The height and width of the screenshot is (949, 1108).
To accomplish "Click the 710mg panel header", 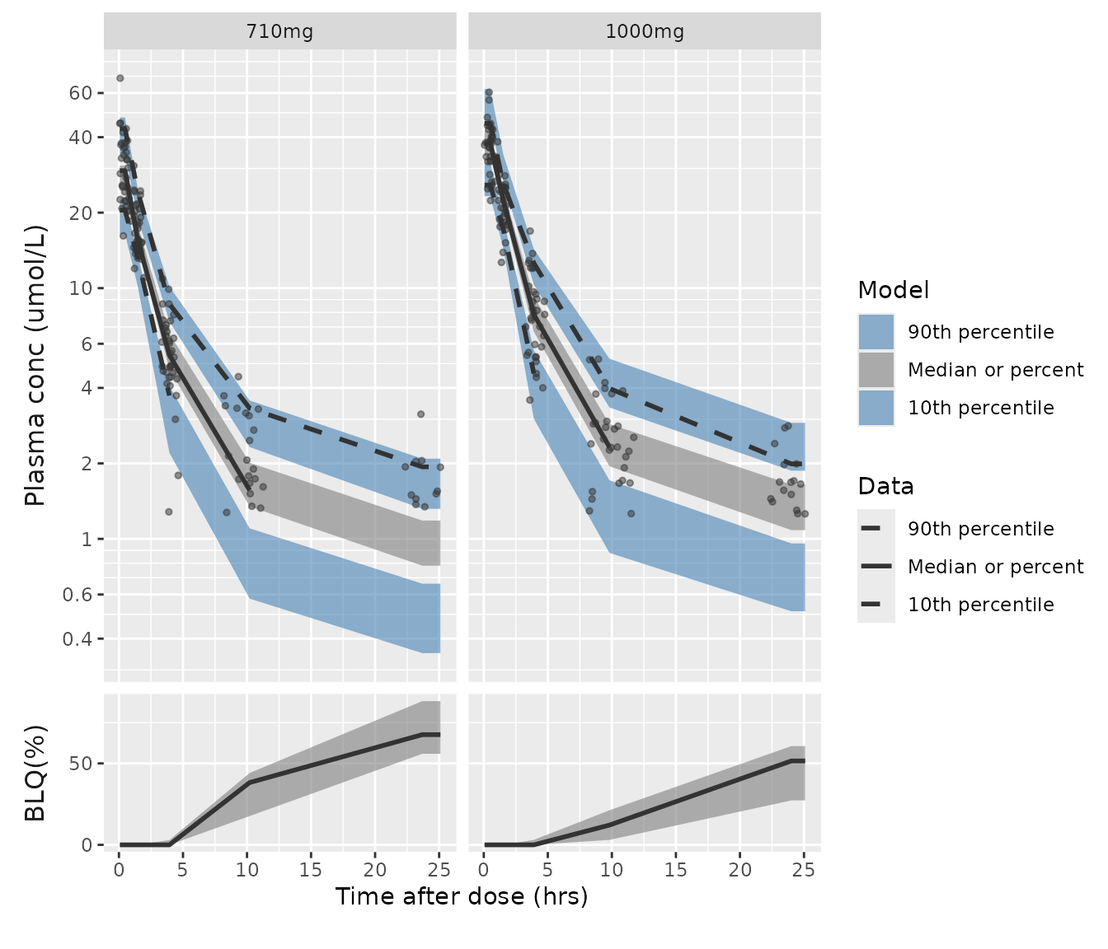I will pos(279,32).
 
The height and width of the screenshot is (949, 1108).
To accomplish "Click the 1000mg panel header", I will pos(645,32).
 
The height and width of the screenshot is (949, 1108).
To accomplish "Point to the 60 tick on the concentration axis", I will pos(81,93).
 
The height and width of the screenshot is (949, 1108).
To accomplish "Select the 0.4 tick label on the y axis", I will pos(79,639).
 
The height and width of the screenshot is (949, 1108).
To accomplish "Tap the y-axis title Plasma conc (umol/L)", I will pos(35,365).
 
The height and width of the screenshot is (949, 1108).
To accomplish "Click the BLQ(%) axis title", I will pos(35,773).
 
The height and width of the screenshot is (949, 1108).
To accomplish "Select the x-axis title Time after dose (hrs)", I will pos(462,896).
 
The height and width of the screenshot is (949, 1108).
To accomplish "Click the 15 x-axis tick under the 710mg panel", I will pos(311,869).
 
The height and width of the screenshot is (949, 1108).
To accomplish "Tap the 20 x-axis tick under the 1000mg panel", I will pos(740,869).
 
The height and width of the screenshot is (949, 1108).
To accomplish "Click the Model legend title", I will pos(894,290).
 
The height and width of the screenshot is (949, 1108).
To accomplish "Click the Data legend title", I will pos(885,486).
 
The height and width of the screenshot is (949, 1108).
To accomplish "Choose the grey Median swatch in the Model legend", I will pos(876,370).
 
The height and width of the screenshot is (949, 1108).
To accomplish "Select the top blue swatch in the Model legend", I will pos(876,332).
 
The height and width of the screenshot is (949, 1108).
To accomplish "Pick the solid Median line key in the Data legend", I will pos(876,567).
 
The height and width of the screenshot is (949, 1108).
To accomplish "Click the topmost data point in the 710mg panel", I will pos(120,78).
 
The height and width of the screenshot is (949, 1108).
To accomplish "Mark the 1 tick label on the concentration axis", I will pos(87,540).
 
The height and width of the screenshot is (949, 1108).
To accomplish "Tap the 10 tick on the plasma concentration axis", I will pos(81,288).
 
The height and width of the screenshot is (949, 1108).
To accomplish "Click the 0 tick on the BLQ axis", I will pos(87,845).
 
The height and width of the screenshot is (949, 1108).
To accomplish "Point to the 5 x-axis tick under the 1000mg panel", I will pos(547,869).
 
